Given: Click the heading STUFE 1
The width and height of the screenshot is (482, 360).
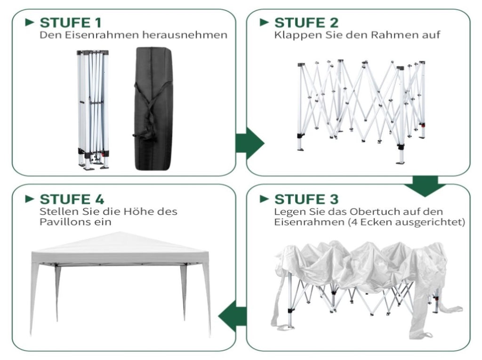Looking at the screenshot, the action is [x=71, y=23].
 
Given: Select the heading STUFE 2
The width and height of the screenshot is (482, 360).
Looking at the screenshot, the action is [x=306, y=23].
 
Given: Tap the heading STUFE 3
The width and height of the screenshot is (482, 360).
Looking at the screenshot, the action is [x=306, y=199].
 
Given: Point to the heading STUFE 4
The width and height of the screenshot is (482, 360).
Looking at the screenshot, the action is [x=72, y=199].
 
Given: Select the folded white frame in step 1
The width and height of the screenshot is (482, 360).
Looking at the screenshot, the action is [x=93, y=110].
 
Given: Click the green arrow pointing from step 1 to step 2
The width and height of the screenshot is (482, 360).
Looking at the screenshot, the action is [x=249, y=143].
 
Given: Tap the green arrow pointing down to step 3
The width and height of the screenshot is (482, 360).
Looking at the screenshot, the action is [x=425, y=186].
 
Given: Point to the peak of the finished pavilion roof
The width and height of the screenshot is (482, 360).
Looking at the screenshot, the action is [x=120, y=232].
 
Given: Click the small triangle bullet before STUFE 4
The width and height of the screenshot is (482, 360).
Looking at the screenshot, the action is [x=30, y=199].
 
